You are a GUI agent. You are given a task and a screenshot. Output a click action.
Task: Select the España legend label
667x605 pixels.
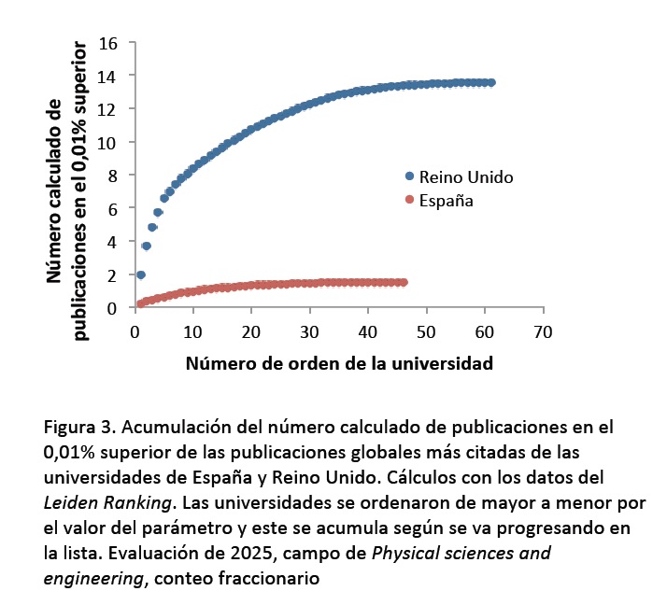(447, 199)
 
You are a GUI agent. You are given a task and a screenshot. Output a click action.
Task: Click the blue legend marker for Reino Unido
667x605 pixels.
(408, 176)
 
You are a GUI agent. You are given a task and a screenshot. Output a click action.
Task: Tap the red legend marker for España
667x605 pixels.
(408, 199)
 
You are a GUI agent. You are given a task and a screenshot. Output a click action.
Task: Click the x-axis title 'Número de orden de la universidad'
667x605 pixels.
(337, 363)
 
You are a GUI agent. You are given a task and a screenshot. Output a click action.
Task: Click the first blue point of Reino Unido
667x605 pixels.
(141, 274)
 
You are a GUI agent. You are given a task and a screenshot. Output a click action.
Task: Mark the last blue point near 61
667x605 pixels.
(491, 82)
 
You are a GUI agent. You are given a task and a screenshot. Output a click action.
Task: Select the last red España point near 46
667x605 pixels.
(404, 282)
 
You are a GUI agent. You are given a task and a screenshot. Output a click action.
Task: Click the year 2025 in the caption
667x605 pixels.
(239, 553)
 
